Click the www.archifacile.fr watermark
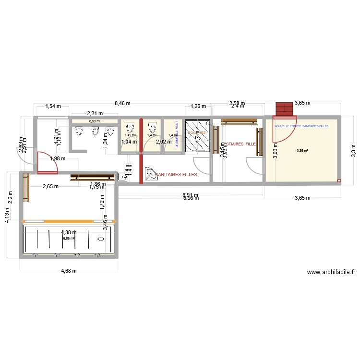coord(331,272)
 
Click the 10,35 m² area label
coord(302,150)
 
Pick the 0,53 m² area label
coord(95,121)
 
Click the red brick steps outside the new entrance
coord(285,109)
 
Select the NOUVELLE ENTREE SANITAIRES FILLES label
coord(302,126)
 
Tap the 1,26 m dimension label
coord(198,106)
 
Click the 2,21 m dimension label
coord(95,113)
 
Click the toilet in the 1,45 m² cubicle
coord(129,128)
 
